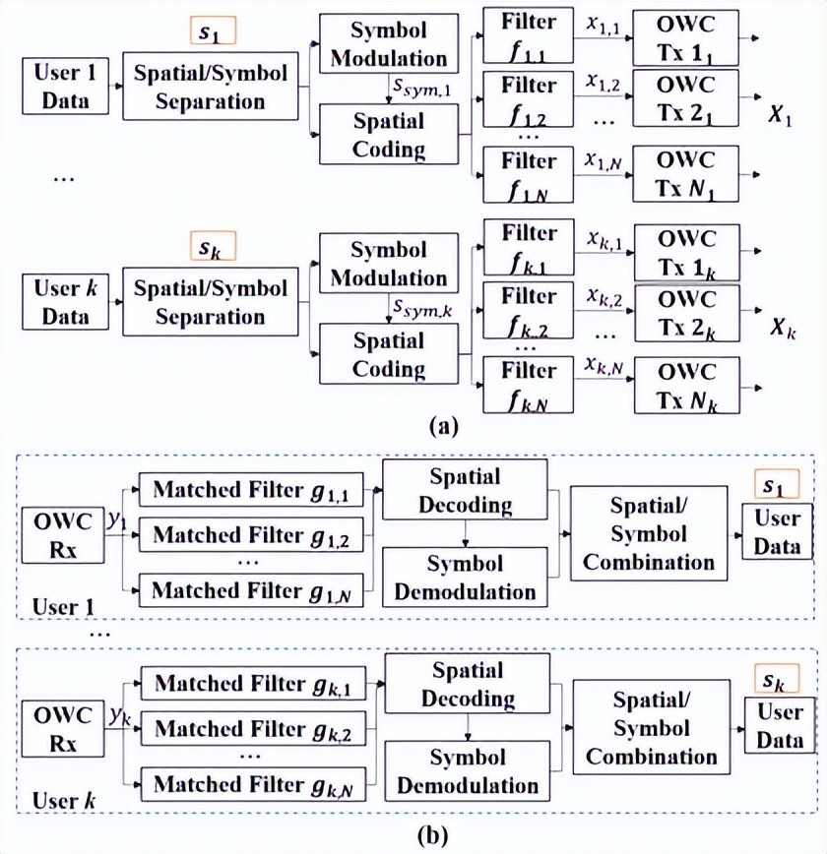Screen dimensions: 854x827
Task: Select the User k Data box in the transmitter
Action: (x=64, y=302)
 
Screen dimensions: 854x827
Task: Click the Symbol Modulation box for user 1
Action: (x=389, y=44)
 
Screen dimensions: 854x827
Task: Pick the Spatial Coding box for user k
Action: (x=389, y=355)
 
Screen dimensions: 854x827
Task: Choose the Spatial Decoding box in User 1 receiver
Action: (x=464, y=491)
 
